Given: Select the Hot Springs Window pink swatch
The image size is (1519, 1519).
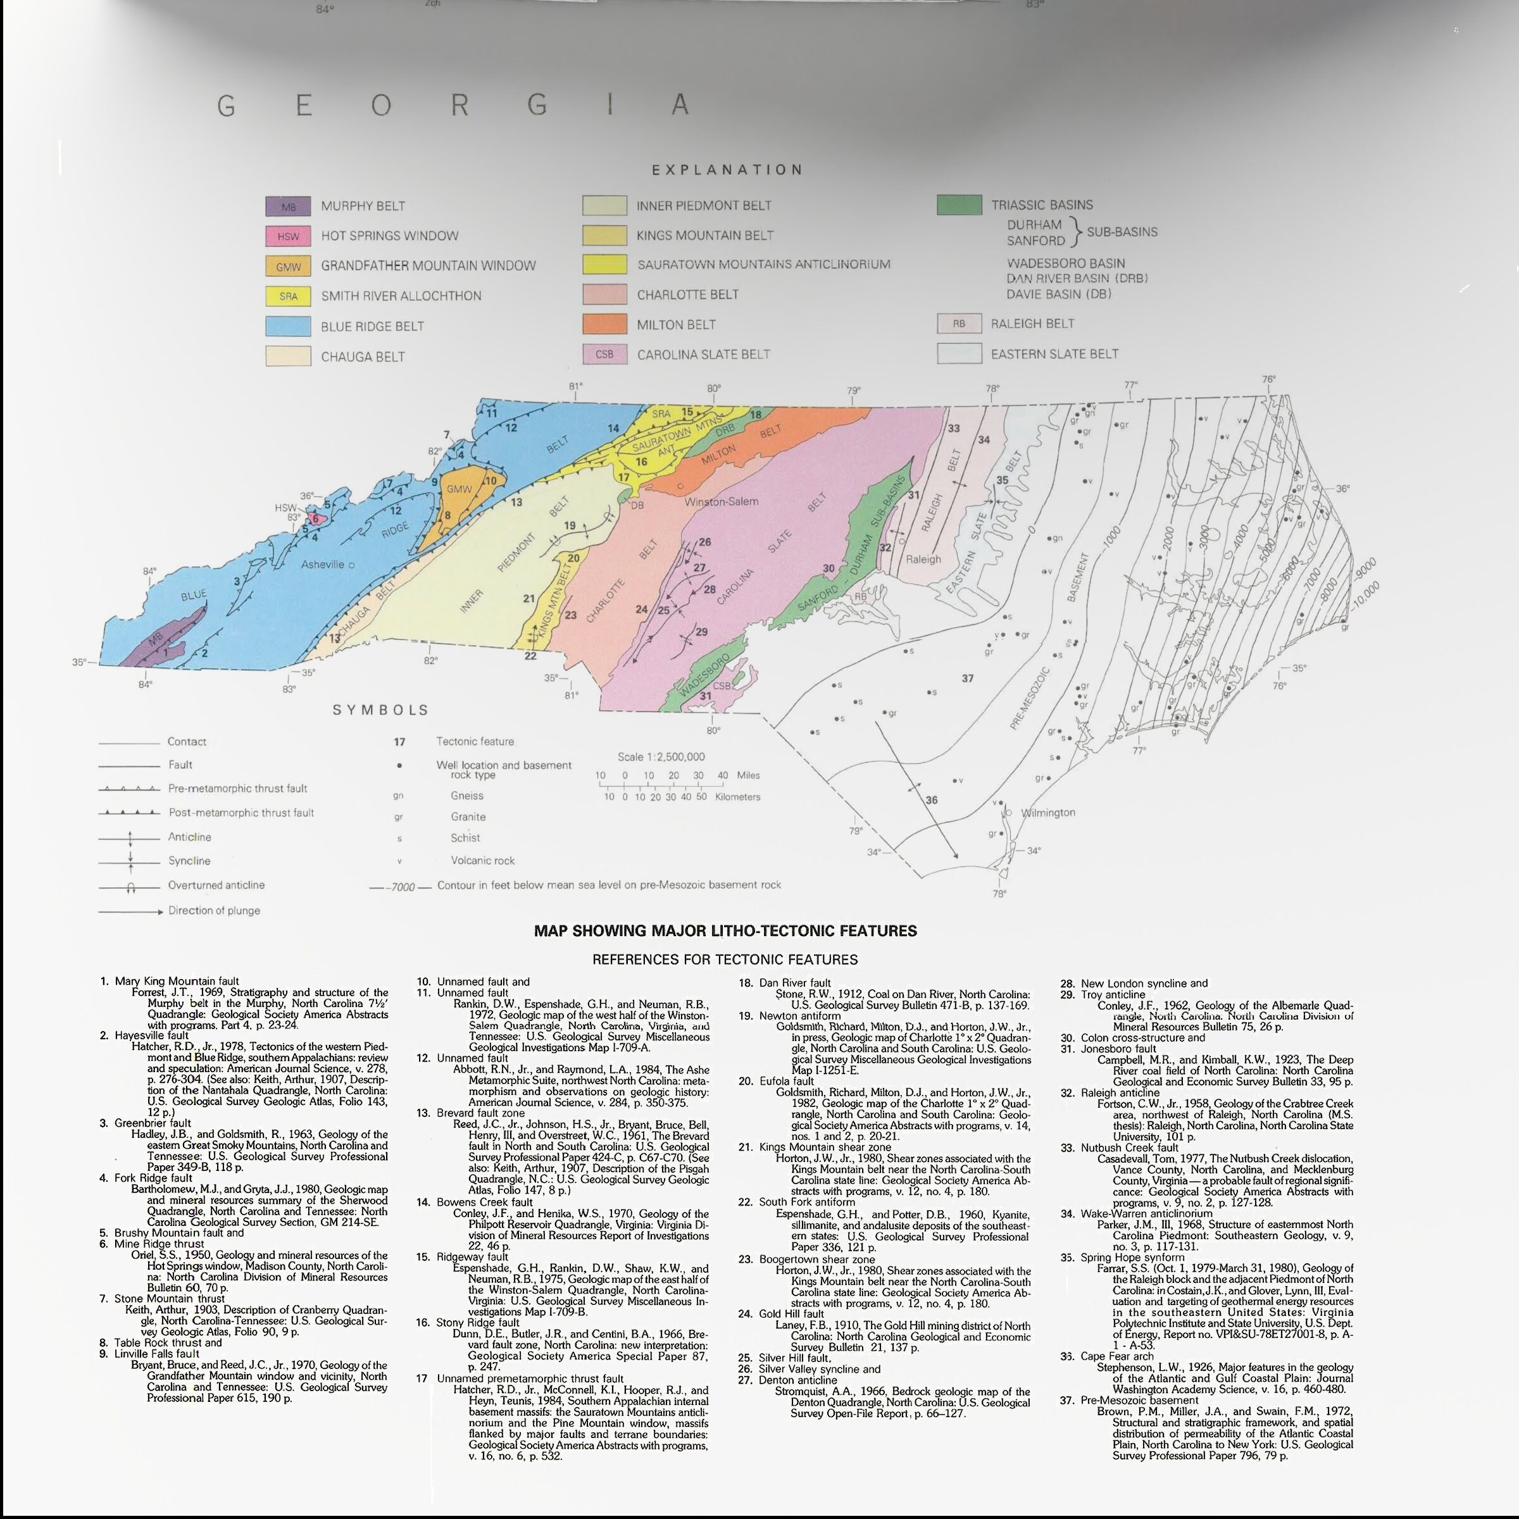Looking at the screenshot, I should click(x=288, y=236).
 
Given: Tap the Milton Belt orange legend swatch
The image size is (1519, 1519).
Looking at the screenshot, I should click(x=604, y=324).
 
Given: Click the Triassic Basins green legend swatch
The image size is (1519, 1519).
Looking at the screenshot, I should click(x=958, y=205).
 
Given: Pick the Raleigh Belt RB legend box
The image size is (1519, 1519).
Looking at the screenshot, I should click(x=958, y=323).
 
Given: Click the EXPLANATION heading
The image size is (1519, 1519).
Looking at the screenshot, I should click(x=727, y=170).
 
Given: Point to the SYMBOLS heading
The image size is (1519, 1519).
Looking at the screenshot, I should click(x=380, y=710).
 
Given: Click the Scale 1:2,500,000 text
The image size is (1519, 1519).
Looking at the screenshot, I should click(x=660, y=756).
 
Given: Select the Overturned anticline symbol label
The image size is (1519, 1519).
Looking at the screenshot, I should click(x=216, y=885).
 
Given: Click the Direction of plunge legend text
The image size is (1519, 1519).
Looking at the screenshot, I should click(x=214, y=911).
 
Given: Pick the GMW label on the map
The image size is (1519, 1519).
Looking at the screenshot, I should click(x=458, y=489).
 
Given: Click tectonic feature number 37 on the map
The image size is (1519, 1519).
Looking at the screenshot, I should click(x=967, y=678).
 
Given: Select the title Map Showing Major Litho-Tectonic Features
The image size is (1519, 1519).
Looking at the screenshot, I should click(x=725, y=931).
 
